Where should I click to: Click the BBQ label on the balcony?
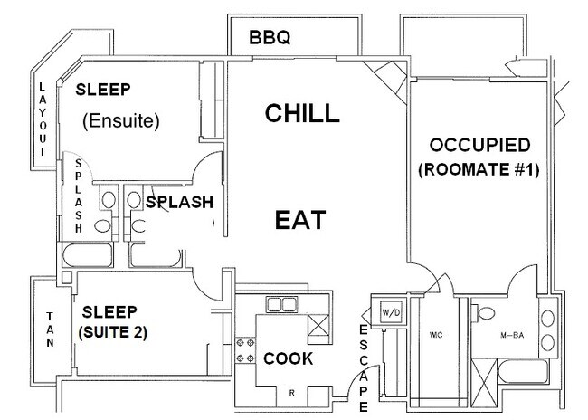point(270,38)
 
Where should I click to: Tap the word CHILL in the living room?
point(302,113)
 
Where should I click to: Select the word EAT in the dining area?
point(299,220)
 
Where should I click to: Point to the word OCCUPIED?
point(480,146)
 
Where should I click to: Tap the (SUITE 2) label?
point(112,333)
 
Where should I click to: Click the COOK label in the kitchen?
point(289,358)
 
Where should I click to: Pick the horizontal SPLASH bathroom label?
point(180,202)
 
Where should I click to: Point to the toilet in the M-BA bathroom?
point(486,313)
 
